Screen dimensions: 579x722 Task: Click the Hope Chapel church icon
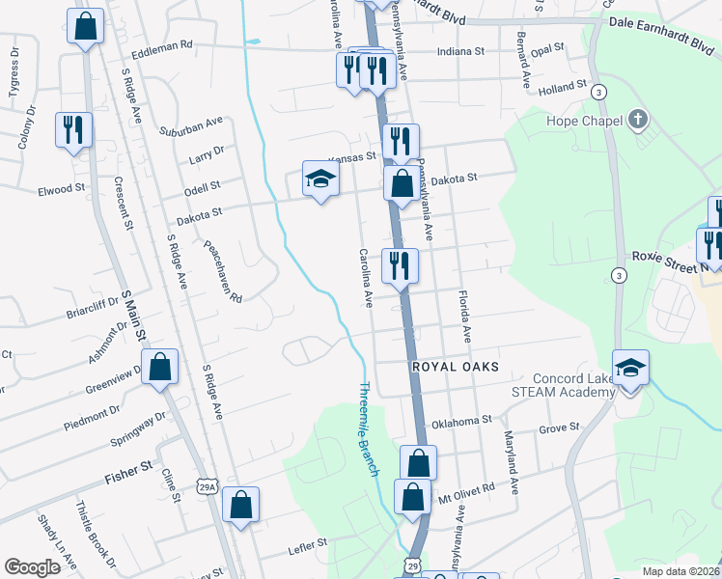point(636,121)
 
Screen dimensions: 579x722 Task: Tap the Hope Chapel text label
point(575,122)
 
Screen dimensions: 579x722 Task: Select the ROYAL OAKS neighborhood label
point(455,367)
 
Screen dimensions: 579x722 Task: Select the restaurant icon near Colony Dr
point(73,130)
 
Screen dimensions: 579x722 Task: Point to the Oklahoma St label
point(461,421)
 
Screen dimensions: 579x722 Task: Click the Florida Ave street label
point(465,315)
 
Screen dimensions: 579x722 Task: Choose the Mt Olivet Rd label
point(466,487)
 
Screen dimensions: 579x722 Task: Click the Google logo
point(32,566)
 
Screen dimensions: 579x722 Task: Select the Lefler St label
point(309,546)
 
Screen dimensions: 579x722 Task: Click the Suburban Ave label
point(191,124)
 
